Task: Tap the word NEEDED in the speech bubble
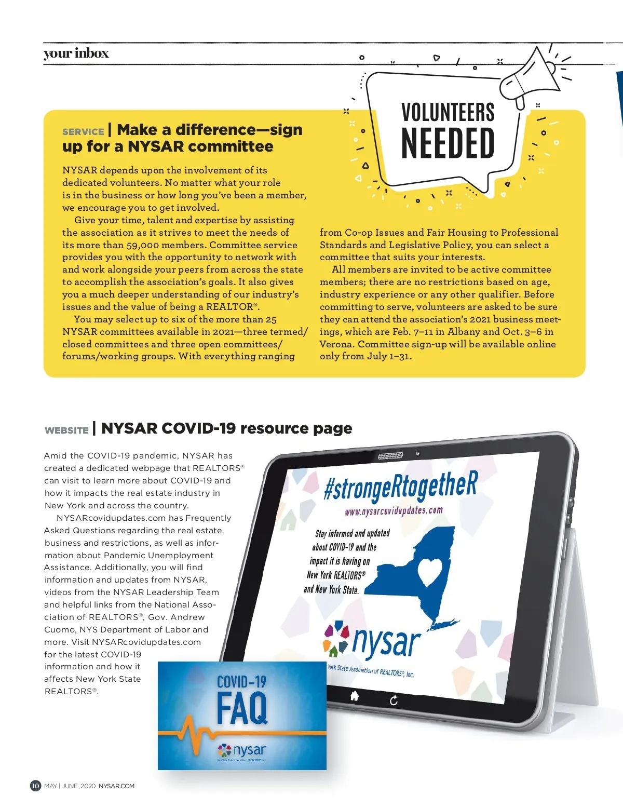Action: tap(448, 143)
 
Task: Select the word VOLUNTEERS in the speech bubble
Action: tap(448, 112)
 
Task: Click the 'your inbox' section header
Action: tap(76, 53)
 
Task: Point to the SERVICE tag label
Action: tap(83, 132)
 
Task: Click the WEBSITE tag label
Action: tap(66, 430)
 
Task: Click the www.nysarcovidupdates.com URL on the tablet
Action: tap(394, 511)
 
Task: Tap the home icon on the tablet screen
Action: tap(355, 696)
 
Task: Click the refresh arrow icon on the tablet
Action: tap(394, 701)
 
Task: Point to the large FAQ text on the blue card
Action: tap(242, 708)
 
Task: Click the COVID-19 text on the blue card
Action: tap(241, 682)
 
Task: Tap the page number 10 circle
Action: tap(35, 786)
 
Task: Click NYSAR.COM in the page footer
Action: tap(116, 786)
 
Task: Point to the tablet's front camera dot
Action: tap(417, 454)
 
